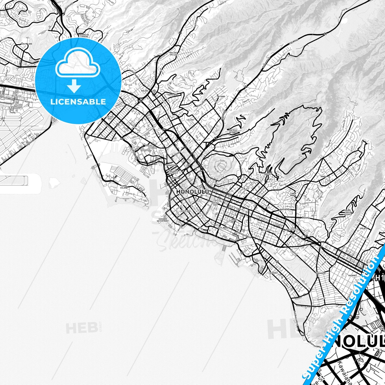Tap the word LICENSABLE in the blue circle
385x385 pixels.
78,102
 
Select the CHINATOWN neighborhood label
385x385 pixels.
171,165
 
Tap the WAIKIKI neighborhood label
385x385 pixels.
273,273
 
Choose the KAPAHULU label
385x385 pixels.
321,273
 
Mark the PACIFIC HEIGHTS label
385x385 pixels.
233,131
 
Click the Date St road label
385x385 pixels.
293,251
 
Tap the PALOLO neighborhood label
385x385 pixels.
364,228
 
